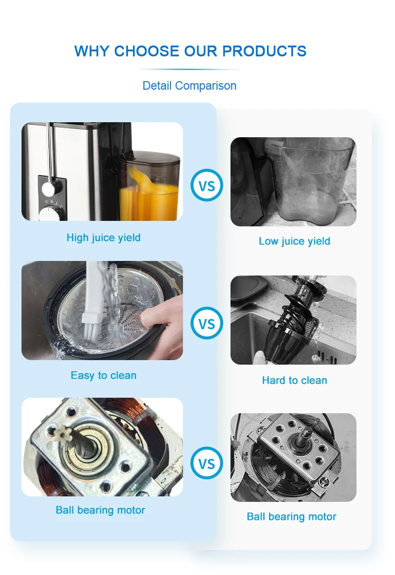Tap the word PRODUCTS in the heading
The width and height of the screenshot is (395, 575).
[264, 51]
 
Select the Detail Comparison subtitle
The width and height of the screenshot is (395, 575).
[189, 86]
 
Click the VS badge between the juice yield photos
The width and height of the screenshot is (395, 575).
[206, 186]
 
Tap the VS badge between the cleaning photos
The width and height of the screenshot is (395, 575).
[206, 324]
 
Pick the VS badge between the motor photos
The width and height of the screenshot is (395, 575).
[206, 463]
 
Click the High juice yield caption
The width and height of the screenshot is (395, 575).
[103, 237]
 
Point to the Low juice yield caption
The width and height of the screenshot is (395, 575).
[294, 241]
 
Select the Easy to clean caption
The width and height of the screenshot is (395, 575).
[103, 375]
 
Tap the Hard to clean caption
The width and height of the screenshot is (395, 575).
[294, 380]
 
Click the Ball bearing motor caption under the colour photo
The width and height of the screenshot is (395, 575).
[100, 510]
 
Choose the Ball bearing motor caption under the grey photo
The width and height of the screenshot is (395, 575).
[291, 516]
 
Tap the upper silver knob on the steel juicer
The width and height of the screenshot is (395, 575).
[49, 188]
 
